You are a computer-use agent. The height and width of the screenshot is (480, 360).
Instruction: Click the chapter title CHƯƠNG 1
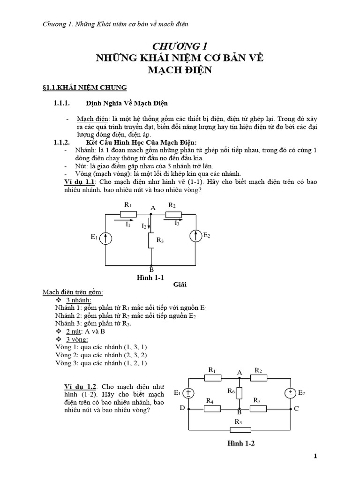[180, 46]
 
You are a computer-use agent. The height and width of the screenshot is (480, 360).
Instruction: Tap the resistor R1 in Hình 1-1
[128, 214]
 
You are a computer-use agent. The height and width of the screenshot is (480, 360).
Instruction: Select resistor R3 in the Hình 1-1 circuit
[151, 240]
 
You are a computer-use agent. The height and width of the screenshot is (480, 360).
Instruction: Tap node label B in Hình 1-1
[151, 270]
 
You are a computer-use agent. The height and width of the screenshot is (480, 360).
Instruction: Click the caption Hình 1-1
[149, 277]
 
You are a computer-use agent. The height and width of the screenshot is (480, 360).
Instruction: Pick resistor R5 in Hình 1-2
[258, 408]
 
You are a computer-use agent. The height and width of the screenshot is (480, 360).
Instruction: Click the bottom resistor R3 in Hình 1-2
[238, 429]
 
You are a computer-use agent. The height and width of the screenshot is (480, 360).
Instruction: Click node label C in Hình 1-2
[296, 408]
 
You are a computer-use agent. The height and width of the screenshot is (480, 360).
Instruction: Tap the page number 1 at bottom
[315, 456]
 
